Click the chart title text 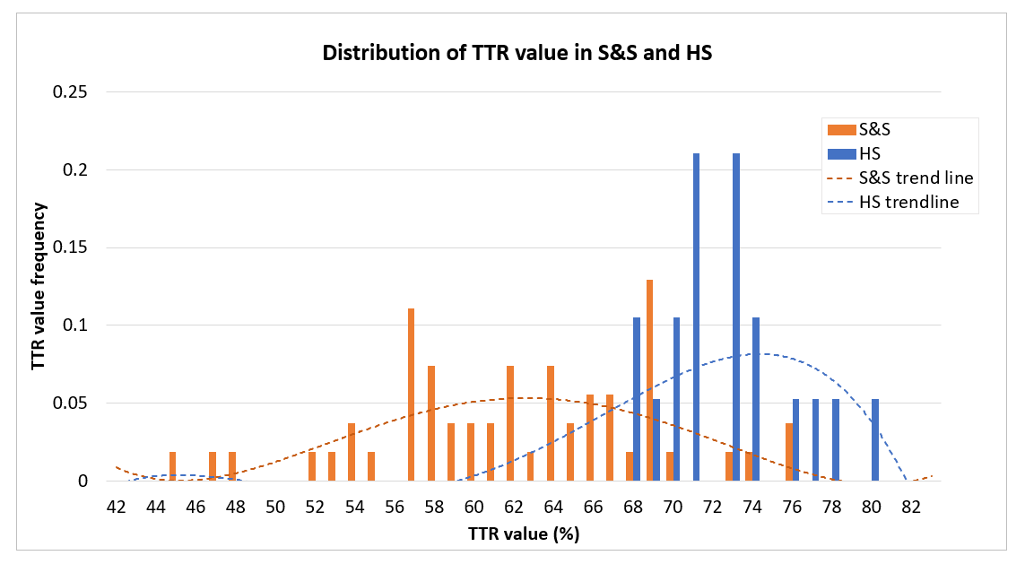click(517, 53)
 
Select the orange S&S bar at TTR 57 click(411, 395)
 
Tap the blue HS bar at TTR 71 click(696, 317)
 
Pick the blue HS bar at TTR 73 click(736, 317)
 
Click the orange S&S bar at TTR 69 click(649, 380)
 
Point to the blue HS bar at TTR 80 click(875, 439)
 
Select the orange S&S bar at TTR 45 click(172, 466)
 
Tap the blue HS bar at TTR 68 click(637, 399)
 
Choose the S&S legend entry click(861, 130)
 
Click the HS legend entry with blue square click(852, 154)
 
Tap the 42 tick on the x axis click(116, 507)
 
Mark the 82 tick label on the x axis click(911, 507)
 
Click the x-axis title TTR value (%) click(523, 534)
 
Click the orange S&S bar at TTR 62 click(510, 423)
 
